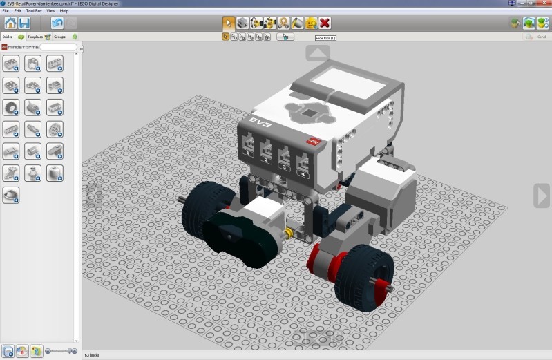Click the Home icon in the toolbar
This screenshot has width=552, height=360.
point(10,23)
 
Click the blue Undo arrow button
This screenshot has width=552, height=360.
point(57,23)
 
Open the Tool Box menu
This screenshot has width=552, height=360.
point(32,11)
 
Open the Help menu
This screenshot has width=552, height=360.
point(64,11)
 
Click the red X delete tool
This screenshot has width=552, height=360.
point(325,23)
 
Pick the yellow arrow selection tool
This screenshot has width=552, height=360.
point(228,23)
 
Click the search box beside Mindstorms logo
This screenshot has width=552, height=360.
point(58,47)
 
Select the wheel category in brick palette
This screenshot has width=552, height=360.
point(11,107)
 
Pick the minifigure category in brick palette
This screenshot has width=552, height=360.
point(32,173)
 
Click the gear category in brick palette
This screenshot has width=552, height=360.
point(55,129)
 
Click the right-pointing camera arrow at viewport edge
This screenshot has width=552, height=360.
point(541,196)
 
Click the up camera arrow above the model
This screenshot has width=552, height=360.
point(317,53)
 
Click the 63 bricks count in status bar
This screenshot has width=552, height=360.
point(91,355)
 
